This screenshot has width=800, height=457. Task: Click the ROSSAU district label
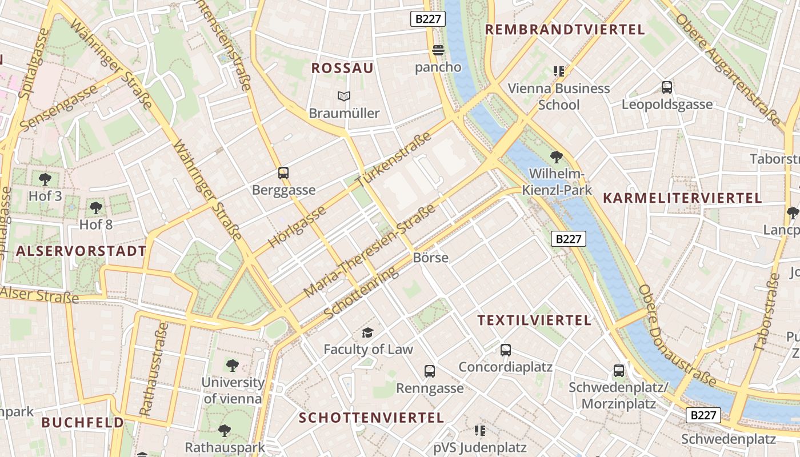tap(342, 69)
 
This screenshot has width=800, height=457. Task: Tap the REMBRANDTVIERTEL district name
tap(565, 30)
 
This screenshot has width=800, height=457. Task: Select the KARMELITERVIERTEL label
tap(682, 198)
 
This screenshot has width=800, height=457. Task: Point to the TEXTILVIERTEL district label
tap(534, 320)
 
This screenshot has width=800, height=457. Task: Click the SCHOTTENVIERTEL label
tap(371, 418)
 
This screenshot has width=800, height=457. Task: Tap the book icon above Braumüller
tap(343, 96)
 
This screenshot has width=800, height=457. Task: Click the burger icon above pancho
tap(438, 50)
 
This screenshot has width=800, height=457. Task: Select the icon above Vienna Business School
tap(558, 71)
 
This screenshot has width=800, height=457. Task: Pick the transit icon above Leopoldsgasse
tap(667, 87)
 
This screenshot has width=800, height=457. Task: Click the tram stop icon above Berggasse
tap(283, 173)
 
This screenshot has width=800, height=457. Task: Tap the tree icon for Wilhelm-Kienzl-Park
tap(556, 157)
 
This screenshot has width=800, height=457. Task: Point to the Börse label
tap(430, 258)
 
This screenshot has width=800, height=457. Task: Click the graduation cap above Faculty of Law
tap(367, 332)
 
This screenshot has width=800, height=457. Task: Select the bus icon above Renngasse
tap(430, 371)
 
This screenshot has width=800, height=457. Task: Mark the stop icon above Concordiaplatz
tap(505, 350)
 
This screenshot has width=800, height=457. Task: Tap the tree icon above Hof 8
tap(96, 207)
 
